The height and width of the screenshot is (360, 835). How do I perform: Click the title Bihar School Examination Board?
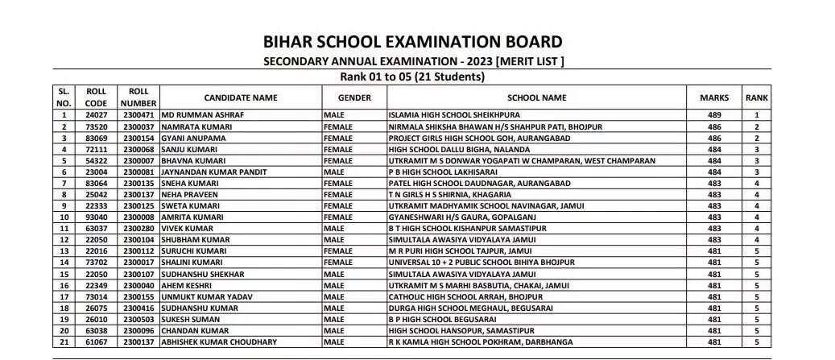click(412, 42)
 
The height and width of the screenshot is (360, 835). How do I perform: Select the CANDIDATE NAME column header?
click(240, 97)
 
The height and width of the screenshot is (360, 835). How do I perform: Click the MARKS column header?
click(713, 97)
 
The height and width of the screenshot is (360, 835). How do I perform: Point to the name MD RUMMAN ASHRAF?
click(203, 115)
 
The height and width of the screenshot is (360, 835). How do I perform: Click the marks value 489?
click(713, 115)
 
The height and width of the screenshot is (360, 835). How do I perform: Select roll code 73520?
click(96, 126)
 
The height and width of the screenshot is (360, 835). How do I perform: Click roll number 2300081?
click(138, 172)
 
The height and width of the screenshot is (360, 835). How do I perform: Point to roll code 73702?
click(96, 262)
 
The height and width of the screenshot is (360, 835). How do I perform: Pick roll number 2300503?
click(138, 318)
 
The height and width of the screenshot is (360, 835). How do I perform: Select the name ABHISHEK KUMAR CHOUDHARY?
click(219, 341)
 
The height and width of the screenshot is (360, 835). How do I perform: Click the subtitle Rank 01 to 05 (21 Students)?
click(413, 77)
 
